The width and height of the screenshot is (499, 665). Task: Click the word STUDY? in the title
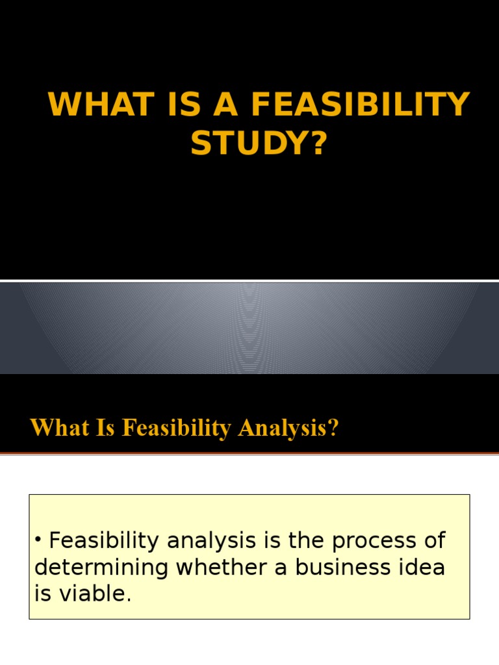click(x=257, y=143)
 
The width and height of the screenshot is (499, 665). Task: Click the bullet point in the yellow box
click(x=40, y=540)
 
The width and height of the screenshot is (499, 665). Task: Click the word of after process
click(x=431, y=540)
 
